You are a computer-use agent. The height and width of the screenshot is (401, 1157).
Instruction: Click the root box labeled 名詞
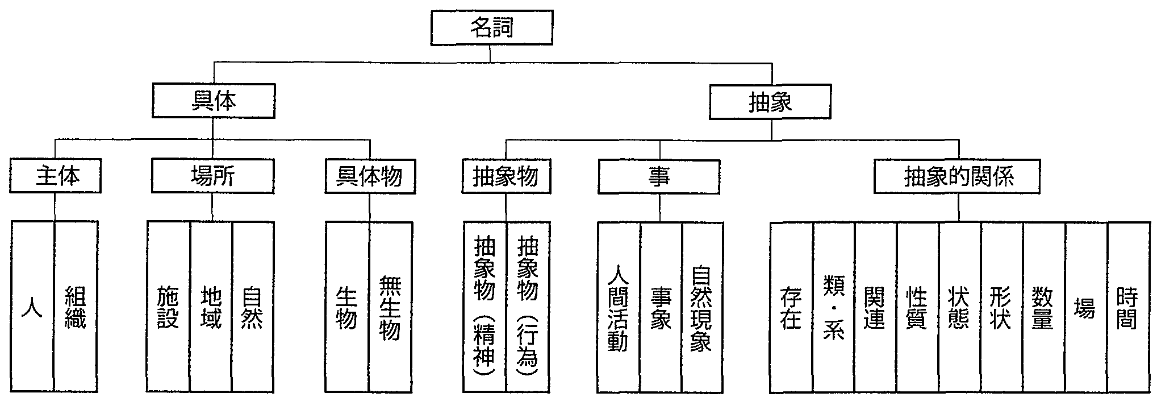(x=491, y=28)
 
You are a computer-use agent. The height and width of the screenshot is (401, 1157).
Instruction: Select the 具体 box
(x=214, y=101)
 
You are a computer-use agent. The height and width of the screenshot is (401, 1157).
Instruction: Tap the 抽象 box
(x=770, y=102)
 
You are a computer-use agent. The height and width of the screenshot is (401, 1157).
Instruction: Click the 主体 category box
(x=56, y=176)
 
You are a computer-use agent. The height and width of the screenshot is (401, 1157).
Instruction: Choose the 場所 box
(x=212, y=176)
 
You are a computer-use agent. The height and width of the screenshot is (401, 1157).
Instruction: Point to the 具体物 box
(x=369, y=177)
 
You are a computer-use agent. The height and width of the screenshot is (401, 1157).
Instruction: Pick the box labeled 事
(x=659, y=177)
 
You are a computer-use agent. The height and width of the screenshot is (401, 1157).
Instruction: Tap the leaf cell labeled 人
(x=33, y=307)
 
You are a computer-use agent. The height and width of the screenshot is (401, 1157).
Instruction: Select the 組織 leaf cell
(x=76, y=307)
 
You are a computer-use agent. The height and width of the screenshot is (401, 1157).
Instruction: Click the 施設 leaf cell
(x=168, y=307)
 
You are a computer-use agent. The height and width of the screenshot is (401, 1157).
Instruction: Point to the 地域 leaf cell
(x=211, y=307)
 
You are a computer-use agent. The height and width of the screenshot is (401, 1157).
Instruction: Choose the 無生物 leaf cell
(x=390, y=307)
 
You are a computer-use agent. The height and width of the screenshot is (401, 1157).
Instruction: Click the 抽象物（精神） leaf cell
(x=484, y=307)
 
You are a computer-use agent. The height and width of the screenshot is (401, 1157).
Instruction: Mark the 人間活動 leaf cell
(x=619, y=307)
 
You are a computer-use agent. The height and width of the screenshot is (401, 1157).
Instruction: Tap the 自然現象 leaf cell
(x=702, y=307)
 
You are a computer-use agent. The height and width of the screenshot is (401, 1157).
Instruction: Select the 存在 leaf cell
(x=791, y=307)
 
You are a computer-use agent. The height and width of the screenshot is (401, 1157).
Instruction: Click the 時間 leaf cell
(x=1127, y=307)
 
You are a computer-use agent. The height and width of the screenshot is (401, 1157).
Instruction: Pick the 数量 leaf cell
(x=1043, y=307)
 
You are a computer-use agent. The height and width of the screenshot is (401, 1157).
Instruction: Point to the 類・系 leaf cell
(x=833, y=307)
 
